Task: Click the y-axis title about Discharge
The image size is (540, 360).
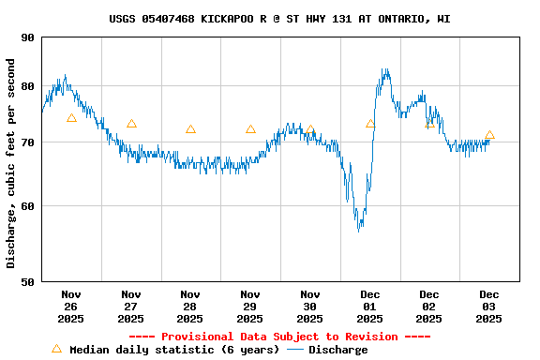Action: (x=11, y=163)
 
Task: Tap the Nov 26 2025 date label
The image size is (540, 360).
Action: (x=71, y=306)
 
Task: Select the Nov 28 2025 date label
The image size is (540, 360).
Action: (x=190, y=306)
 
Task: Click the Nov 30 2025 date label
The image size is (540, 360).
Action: (x=310, y=306)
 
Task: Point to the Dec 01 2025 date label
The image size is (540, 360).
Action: (x=370, y=306)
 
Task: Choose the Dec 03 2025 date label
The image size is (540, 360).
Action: (x=489, y=306)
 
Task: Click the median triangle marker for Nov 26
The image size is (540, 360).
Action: (x=71, y=118)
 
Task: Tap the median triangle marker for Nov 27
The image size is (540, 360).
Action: (x=131, y=124)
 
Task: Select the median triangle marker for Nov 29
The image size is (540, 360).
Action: (x=250, y=129)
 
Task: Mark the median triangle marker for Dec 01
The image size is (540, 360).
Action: (x=370, y=124)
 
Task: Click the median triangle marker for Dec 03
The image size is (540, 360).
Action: (x=489, y=135)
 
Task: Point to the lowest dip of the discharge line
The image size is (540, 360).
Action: (x=358, y=230)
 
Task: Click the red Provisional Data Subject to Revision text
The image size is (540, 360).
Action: (x=279, y=337)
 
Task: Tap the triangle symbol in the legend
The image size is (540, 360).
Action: (x=56, y=349)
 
